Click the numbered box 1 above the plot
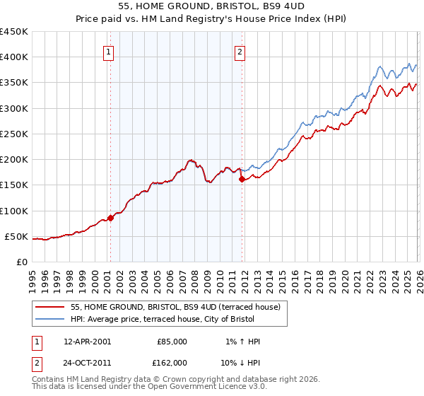click(110, 52)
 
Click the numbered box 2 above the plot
click(241, 52)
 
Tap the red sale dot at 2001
click(110, 218)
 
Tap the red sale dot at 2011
click(242, 179)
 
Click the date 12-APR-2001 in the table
click(87, 342)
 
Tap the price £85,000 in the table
click(172, 342)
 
